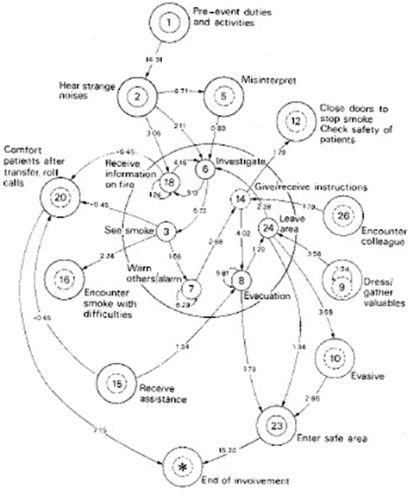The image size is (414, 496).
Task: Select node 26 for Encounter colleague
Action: (x=344, y=213)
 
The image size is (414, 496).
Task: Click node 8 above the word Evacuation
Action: (x=241, y=280)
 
